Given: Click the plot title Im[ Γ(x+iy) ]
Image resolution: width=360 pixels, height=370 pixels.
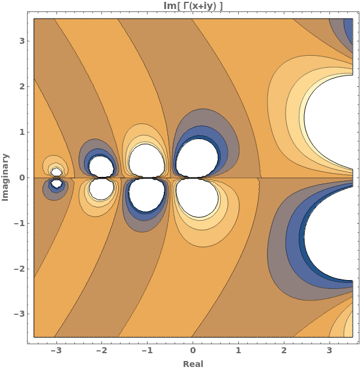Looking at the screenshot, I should (193, 6).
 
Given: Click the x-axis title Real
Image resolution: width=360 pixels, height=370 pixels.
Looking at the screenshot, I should (193, 363).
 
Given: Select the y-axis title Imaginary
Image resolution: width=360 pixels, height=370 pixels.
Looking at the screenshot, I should (5, 177).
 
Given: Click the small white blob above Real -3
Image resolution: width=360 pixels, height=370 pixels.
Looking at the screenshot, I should (56, 172).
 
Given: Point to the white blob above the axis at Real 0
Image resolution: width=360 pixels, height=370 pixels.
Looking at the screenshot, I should (197, 157).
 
